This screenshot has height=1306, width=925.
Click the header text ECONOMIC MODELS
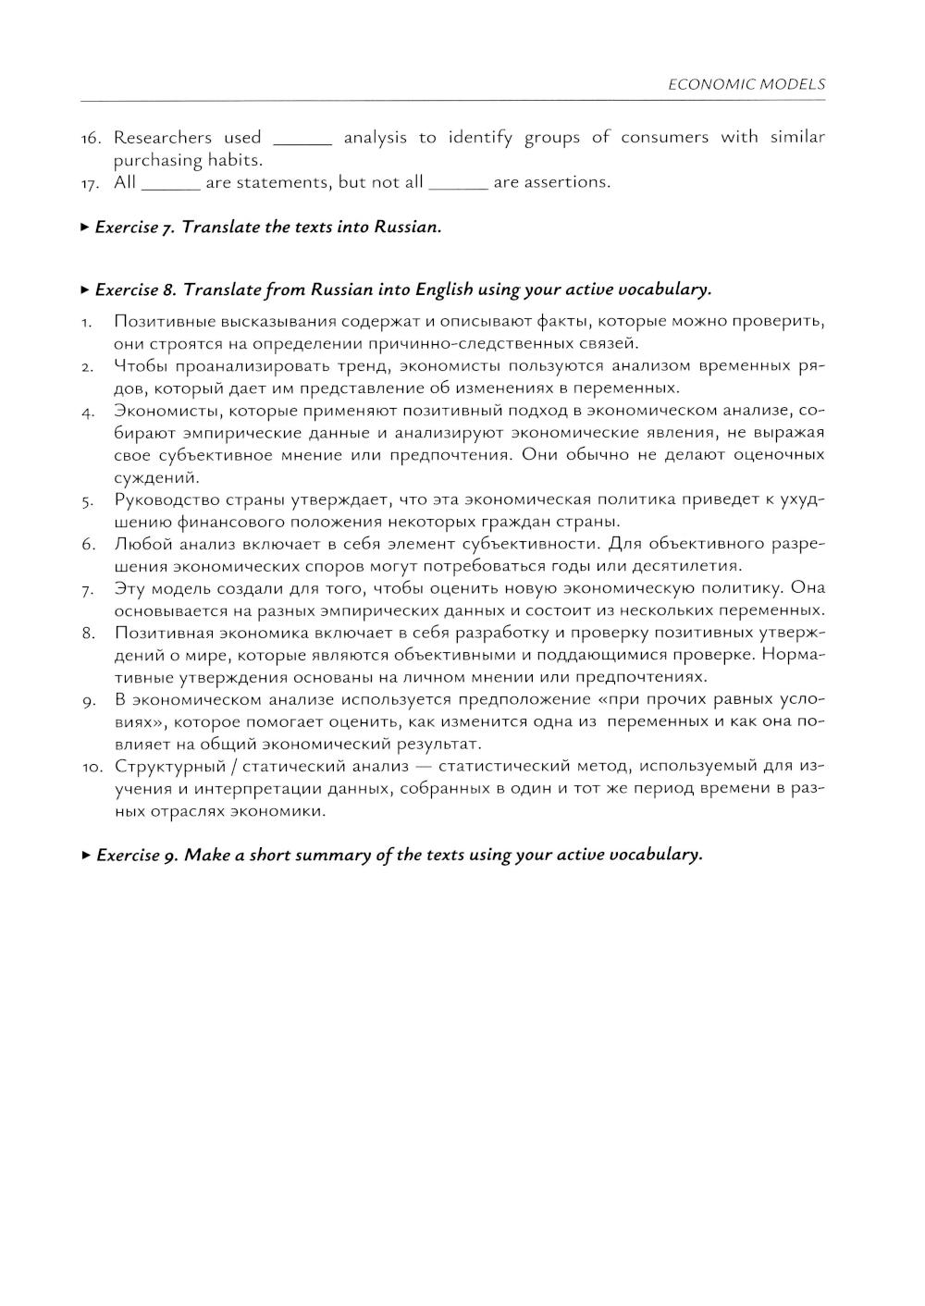coord(746,84)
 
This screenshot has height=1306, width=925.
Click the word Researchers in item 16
coord(163,138)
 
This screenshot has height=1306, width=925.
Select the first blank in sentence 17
coord(170,185)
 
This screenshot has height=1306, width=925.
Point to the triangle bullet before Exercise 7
coord(85,227)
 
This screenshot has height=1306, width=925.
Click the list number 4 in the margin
coord(86,412)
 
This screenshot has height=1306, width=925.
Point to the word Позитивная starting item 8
coord(166,633)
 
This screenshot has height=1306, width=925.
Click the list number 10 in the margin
coord(91,767)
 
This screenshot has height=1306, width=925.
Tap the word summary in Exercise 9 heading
coord(310,855)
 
